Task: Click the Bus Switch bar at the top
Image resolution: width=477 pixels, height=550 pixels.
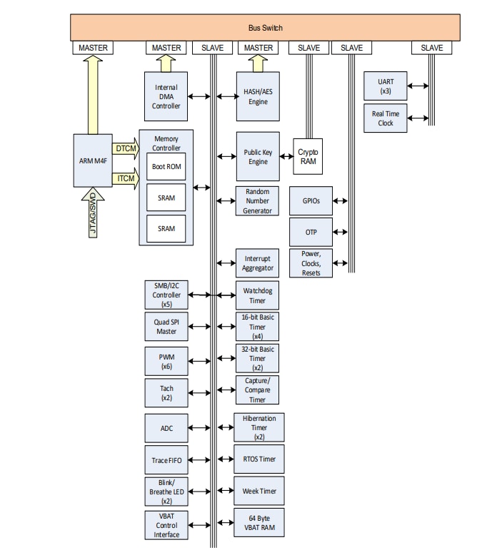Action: pyautogui.click(x=265, y=28)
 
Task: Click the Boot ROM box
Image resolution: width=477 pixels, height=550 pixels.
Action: pyautogui.click(x=166, y=166)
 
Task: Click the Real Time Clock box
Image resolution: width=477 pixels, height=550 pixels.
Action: pyautogui.click(x=385, y=118)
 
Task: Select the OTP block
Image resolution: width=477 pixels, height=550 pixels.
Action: pyautogui.click(x=311, y=232)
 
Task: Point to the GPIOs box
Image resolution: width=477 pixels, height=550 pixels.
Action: pyautogui.click(x=311, y=201)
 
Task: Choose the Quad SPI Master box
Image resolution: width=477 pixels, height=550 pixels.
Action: pyautogui.click(x=166, y=325)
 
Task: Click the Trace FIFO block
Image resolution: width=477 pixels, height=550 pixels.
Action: pyautogui.click(x=166, y=460)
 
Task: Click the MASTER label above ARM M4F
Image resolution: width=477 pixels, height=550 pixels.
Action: pyautogui.click(x=93, y=48)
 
